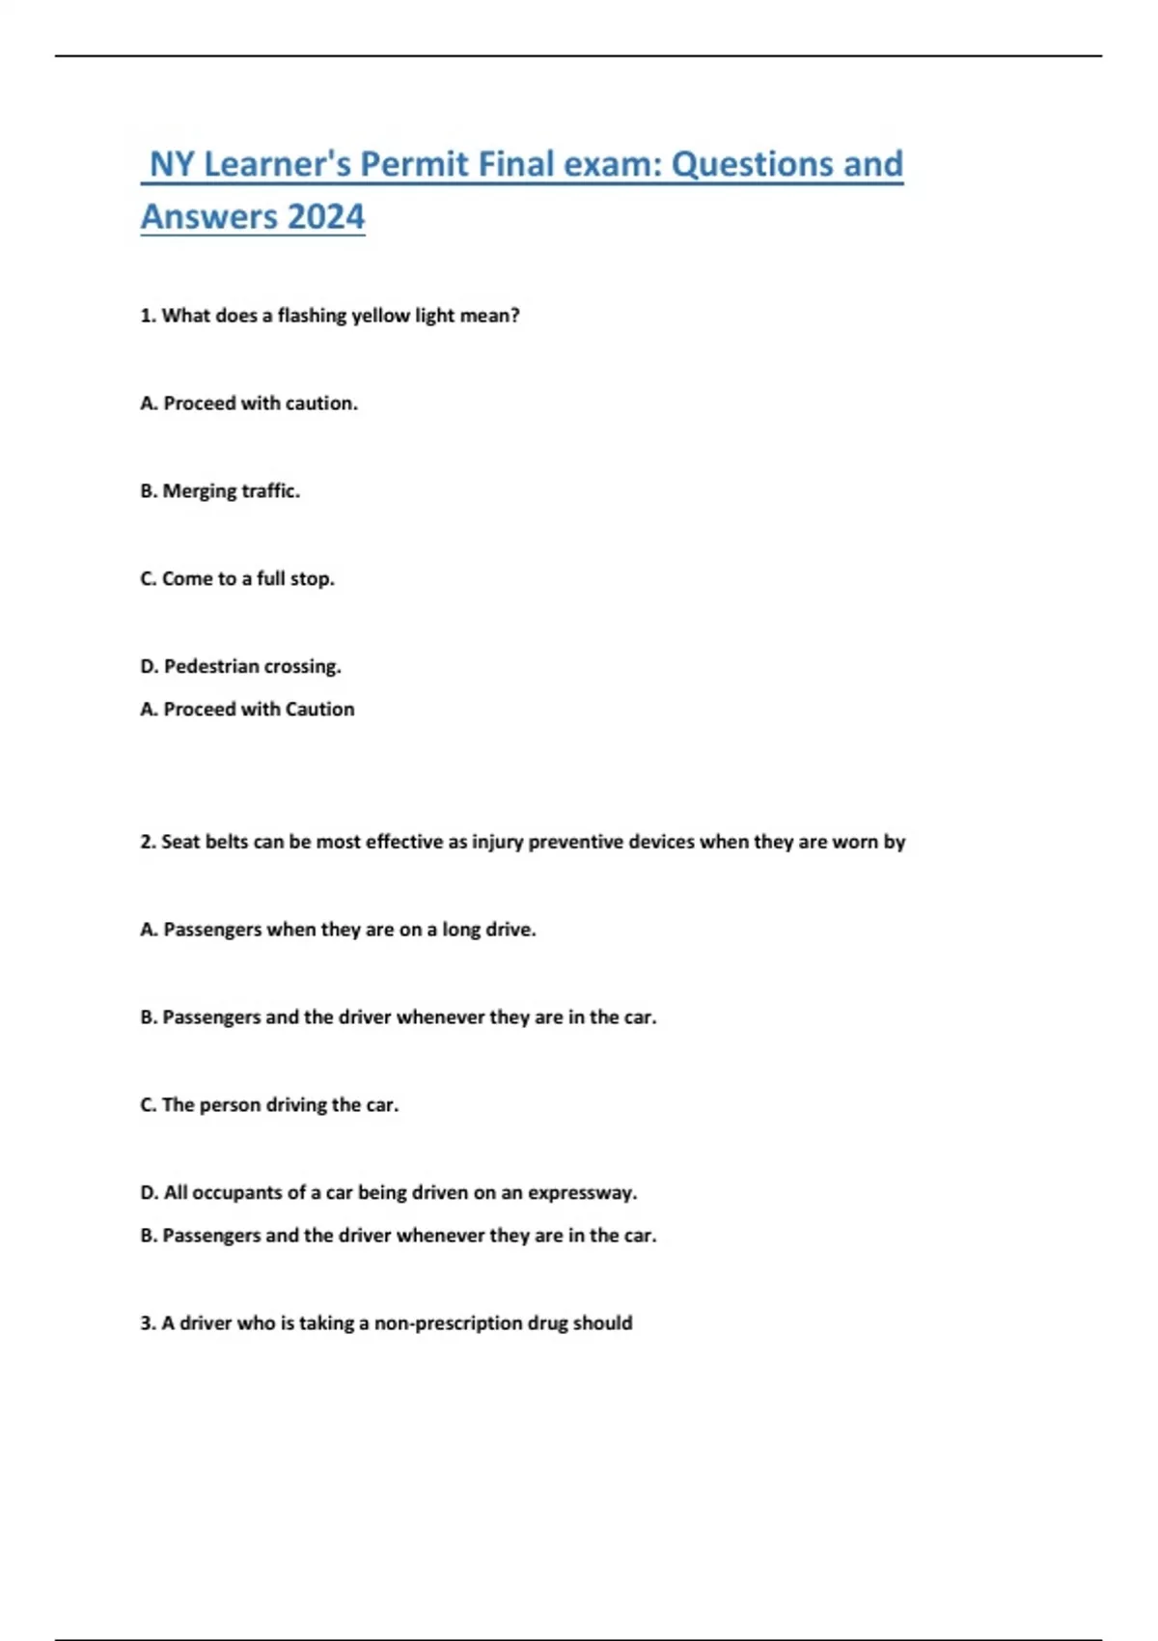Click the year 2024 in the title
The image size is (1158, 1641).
pos(326,216)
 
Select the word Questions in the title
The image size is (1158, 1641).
pos(752,164)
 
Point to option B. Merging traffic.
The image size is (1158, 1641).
pos(220,491)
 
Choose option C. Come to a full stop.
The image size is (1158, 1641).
pos(237,579)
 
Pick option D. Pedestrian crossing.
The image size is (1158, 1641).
pos(241,667)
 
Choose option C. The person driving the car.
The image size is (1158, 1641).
pos(269,1105)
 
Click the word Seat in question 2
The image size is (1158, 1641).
pos(179,842)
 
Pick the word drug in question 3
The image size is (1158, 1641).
pos(547,1323)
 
